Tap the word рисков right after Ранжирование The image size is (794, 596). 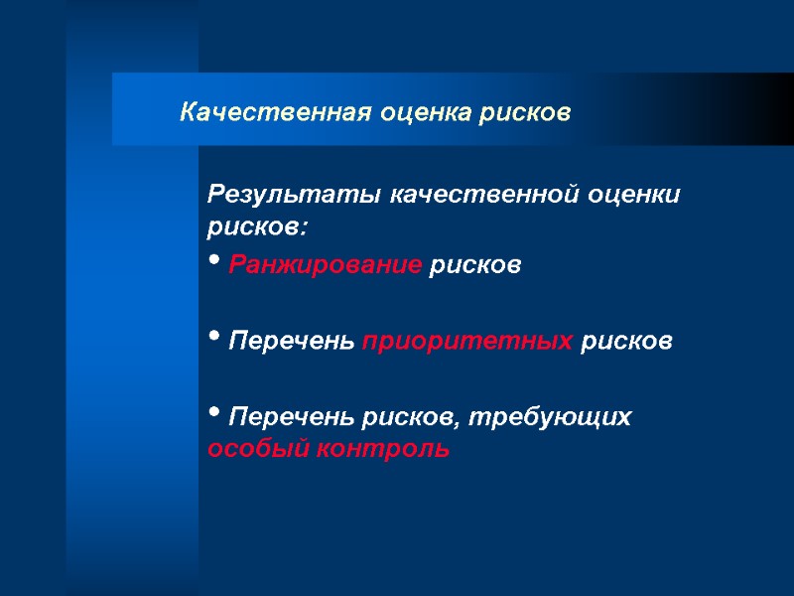click(x=474, y=266)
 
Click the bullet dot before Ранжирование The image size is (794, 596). click(x=214, y=263)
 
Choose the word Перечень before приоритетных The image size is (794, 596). click(x=291, y=342)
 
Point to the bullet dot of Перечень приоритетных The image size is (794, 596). click(x=214, y=339)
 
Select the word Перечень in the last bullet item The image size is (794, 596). click(x=291, y=417)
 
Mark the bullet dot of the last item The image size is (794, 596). click(x=214, y=414)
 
